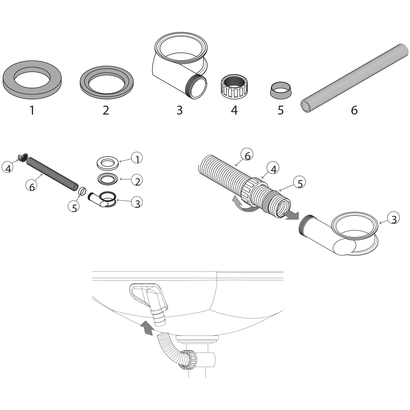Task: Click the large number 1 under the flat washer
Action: pyautogui.click(x=32, y=110)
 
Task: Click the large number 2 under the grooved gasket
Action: pyautogui.click(x=106, y=110)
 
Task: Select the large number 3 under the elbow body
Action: pyautogui.click(x=180, y=110)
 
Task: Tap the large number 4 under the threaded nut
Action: pyautogui.click(x=234, y=110)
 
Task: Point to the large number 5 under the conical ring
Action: pyautogui.click(x=281, y=110)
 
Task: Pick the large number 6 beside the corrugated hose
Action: pyautogui.click(x=354, y=110)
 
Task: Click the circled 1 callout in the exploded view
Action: pyautogui.click(x=137, y=158)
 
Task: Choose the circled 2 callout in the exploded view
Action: pyautogui.click(x=137, y=181)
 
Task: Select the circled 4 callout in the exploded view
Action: pyautogui.click(x=8, y=168)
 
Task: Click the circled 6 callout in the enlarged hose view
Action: pyautogui.click(x=247, y=155)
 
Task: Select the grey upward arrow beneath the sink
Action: pyautogui.click(x=146, y=328)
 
